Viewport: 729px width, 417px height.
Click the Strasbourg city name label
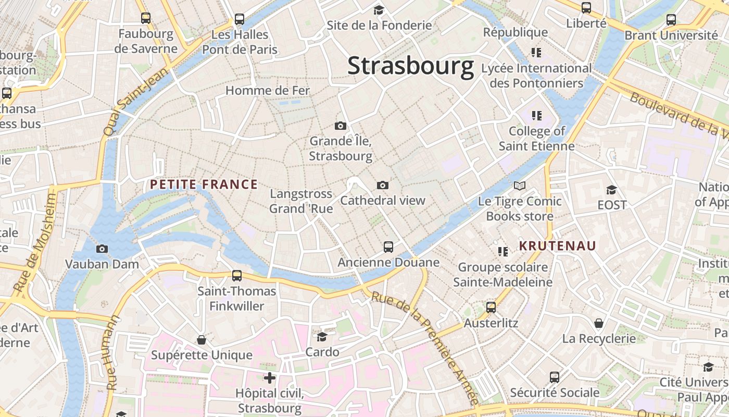tap(410, 66)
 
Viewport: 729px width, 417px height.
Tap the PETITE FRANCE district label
tap(204, 184)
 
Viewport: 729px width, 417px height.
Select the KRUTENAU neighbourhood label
tap(557, 246)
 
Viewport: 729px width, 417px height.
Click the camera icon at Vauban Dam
tap(102, 249)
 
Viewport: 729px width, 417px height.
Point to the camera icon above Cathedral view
tap(383, 185)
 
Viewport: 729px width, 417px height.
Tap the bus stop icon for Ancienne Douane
tap(388, 247)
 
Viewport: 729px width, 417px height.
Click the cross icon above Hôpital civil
tap(270, 377)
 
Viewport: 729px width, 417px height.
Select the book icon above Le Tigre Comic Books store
tap(520, 186)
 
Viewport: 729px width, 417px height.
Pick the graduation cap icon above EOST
tap(611, 190)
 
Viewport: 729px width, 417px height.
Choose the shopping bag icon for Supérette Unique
tap(202, 340)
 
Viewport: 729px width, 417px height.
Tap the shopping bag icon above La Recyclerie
tap(599, 323)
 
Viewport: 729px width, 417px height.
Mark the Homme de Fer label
tap(267, 90)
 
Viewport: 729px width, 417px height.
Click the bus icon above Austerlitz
tap(491, 308)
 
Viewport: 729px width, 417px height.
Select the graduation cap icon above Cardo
tap(322, 337)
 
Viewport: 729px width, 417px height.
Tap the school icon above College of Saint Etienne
tap(536, 115)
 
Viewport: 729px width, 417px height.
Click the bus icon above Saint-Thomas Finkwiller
tap(237, 275)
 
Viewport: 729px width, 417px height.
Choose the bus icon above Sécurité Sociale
tap(555, 377)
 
